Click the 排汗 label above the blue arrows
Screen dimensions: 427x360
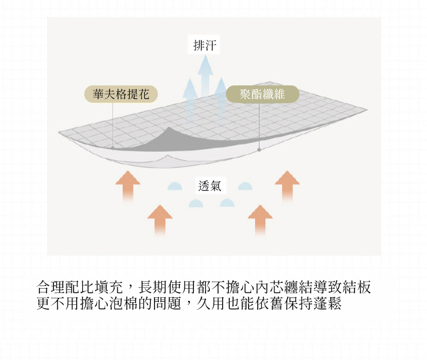[204, 45]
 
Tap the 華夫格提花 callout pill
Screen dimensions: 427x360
[121, 94]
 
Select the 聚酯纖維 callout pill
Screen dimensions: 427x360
[263, 94]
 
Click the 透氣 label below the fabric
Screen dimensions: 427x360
[210, 186]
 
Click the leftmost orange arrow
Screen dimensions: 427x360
[128, 186]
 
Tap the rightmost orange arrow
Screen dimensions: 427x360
[287, 186]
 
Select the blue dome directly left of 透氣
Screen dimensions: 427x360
[175, 186]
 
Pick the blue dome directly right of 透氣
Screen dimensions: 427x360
[245, 186]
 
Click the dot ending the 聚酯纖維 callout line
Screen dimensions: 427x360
[259, 150]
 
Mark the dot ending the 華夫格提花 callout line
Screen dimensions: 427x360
[112, 148]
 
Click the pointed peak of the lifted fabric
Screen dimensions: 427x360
[169, 127]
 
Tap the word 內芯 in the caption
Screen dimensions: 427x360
[269, 287]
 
